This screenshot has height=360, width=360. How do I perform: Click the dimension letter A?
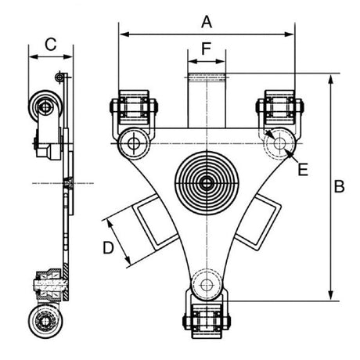[207, 19]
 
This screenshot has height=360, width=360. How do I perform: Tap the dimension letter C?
[50, 45]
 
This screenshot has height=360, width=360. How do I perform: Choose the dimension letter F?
[207, 49]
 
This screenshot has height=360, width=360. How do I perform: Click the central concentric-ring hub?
[207, 183]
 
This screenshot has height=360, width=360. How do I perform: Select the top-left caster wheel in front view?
[131, 107]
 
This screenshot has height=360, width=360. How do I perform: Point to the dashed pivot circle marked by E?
[279, 144]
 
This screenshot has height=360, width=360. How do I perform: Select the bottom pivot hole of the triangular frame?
[207, 283]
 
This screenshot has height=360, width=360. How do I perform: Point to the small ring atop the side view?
[59, 77]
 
